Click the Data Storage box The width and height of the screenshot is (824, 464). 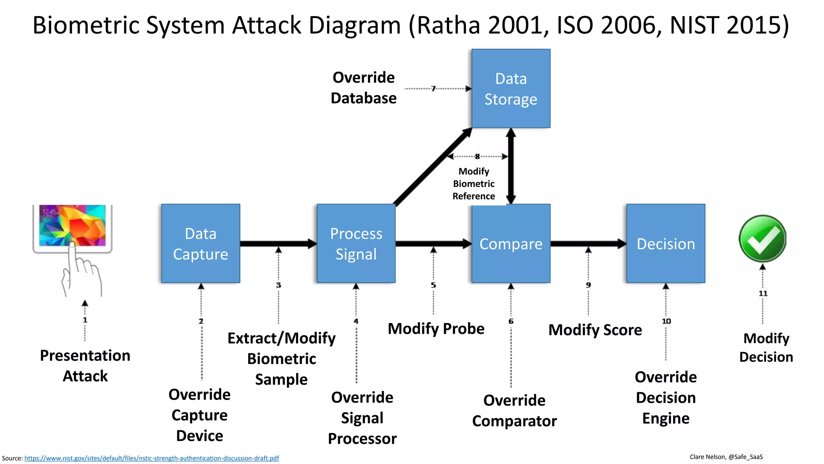511,89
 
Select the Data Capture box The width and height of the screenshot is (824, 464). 200,243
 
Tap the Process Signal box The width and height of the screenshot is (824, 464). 356,243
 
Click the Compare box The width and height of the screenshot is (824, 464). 511,243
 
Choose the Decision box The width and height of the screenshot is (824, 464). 665,243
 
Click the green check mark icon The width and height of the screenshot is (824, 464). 762,238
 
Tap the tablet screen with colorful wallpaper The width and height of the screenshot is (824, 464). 72,225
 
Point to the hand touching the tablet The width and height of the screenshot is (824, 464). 80,274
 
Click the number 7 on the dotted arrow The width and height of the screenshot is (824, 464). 433,89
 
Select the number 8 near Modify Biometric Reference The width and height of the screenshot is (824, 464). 477,156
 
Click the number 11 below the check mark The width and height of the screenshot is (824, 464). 763,294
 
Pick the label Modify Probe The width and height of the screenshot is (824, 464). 436,329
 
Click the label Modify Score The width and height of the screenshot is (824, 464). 595,330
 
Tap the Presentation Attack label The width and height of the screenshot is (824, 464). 85,366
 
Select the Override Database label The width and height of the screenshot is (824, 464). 363,88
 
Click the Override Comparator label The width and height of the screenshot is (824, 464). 514,410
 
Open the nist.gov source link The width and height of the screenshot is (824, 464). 152,458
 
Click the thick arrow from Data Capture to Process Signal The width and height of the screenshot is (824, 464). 278,243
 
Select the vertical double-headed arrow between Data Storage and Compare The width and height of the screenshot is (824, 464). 511,166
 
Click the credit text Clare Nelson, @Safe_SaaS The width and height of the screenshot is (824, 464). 726,457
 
